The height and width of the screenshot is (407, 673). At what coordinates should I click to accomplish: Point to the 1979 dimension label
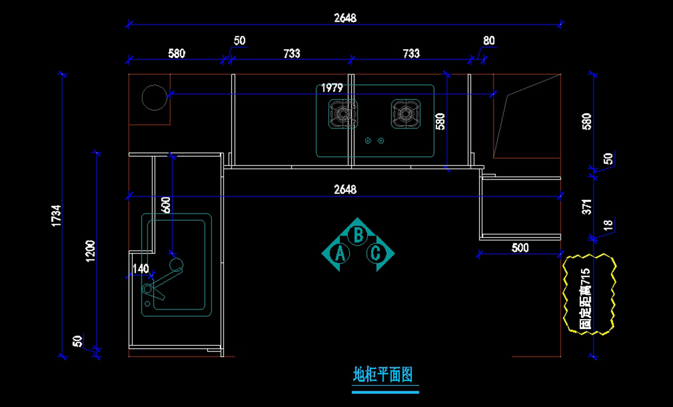click(x=331, y=87)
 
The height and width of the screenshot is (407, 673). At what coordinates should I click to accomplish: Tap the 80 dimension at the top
click(x=488, y=41)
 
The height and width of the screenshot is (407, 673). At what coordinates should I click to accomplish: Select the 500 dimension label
click(x=520, y=248)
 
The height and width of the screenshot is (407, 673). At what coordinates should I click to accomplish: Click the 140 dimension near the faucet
click(x=140, y=269)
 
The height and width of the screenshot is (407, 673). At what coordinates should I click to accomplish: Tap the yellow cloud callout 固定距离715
click(x=588, y=294)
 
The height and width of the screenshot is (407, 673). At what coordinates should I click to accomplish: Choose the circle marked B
click(x=358, y=234)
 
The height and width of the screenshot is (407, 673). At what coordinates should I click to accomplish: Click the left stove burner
click(x=343, y=114)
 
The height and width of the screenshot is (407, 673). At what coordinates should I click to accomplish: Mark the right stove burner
click(x=405, y=114)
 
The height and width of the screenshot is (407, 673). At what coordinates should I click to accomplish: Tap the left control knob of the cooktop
click(x=368, y=140)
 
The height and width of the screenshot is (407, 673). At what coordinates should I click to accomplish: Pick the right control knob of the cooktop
click(x=381, y=140)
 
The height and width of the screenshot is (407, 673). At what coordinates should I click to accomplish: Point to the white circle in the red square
click(x=154, y=98)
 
